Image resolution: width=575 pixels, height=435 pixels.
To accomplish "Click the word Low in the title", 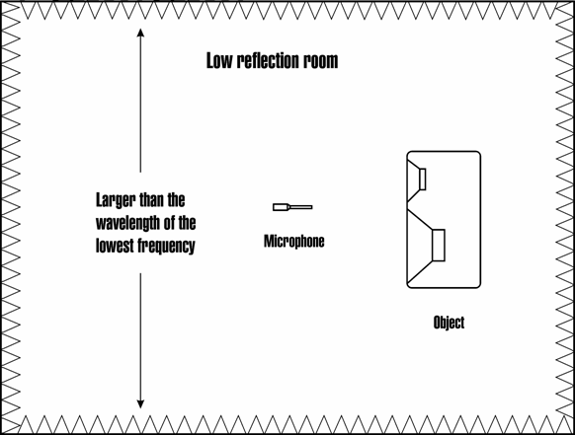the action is pos(219,61).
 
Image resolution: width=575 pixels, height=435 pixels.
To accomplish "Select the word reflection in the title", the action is pos(268,61).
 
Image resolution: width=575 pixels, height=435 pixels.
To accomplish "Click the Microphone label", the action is pos(294,242).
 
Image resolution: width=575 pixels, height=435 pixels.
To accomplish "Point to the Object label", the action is pos(449,323).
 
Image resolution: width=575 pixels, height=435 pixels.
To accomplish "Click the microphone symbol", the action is pos(292,207).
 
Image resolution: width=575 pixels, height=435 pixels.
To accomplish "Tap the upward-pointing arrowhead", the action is pos(140,33).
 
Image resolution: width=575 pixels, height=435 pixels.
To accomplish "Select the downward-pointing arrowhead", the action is pos(140,403).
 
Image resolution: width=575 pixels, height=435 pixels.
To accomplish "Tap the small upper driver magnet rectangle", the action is pos(423,180).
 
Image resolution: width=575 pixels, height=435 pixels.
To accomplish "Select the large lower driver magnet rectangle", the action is pos(439,246).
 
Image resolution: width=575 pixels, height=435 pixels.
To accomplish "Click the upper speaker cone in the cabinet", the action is pos(414,181).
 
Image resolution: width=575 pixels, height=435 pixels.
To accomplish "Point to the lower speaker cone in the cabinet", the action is pos(420,246).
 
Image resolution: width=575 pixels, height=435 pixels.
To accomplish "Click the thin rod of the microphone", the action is pos(301,207).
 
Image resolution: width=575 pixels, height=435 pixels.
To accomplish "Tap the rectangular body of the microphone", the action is pos(280,207).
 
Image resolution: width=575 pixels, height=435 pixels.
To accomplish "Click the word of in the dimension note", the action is pos(169,223).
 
